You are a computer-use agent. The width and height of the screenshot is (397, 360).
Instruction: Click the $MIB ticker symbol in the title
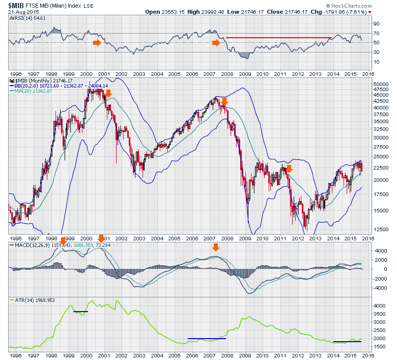16,6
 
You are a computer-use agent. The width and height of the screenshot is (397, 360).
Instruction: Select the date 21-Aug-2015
23,12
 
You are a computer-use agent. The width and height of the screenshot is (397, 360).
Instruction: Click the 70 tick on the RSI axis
377,34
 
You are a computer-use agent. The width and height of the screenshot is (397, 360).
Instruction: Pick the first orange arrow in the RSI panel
97,43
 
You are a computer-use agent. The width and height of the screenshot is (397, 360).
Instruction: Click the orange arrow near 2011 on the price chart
289,168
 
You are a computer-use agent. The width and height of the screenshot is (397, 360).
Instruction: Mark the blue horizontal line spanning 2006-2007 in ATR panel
206,338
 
